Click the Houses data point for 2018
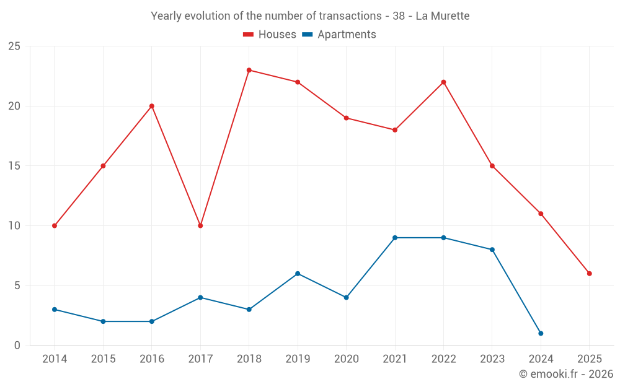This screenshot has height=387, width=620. click(x=249, y=70)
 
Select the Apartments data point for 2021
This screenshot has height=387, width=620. click(x=395, y=238)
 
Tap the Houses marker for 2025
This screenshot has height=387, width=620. click(x=590, y=274)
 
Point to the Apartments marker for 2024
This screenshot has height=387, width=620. click(x=541, y=334)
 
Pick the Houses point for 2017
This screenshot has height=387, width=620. click(x=200, y=226)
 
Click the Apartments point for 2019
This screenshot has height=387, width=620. click(x=298, y=274)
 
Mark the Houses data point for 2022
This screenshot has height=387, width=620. click(x=443, y=82)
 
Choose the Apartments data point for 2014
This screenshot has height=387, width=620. click(x=55, y=310)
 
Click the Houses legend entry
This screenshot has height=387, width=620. click(x=270, y=35)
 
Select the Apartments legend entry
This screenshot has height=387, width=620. click(x=339, y=35)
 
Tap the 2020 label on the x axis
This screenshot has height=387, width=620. click(x=346, y=359)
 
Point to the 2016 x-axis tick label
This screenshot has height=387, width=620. click(x=151, y=359)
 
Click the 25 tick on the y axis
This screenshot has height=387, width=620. click(x=14, y=46)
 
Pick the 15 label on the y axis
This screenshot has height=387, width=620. click(x=14, y=166)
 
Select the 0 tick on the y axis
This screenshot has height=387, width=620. click(x=17, y=346)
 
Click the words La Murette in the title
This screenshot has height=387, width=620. click(x=443, y=15)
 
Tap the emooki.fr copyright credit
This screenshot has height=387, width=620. click(x=566, y=374)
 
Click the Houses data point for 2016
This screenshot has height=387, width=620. click(x=151, y=106)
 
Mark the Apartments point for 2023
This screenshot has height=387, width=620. click(x=492, y=250)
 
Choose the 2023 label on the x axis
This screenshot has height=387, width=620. click(x=492, y=359)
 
